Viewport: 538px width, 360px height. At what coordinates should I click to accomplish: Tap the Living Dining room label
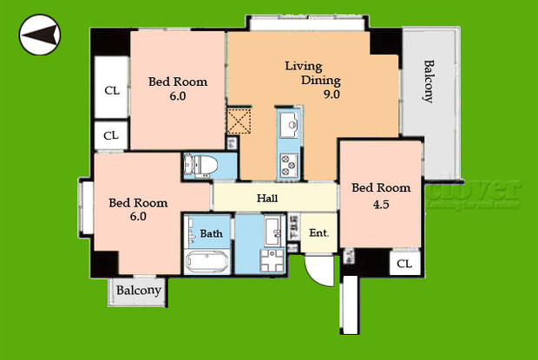pos(305,73)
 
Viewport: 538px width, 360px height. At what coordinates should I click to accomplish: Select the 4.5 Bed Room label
pos(380,194)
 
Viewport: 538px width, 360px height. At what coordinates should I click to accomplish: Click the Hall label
pos(267,199)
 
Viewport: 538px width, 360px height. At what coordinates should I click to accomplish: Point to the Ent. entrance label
pos(318,232)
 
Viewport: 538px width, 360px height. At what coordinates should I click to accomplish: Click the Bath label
pos(211,233)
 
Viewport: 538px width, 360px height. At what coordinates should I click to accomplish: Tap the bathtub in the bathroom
pos(207,261)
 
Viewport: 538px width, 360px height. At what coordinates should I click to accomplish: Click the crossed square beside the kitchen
pos(239,121)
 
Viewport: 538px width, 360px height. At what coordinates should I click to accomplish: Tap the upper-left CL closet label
pos(112,90)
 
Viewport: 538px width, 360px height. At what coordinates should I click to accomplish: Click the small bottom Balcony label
pos(140,291)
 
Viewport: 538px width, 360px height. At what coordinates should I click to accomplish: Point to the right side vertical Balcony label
pos(428,82)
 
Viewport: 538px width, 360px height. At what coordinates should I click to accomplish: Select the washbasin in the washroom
pos(272,230)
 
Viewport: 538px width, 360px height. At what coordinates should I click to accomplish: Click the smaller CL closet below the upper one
pos(111,135)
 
